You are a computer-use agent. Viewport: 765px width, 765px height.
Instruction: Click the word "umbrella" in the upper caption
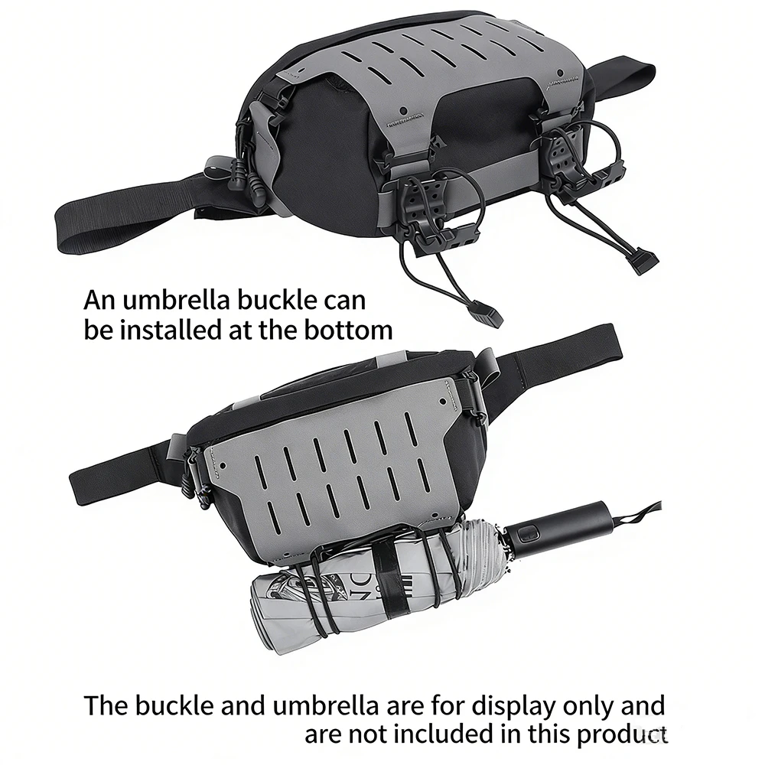(x=176, y=300)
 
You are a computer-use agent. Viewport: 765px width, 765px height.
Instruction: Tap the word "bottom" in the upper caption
(x=348, y=330)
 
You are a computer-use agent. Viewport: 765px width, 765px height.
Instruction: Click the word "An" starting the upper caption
(x=99, y=301)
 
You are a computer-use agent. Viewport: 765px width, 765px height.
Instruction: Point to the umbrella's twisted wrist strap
(x=637, y=516)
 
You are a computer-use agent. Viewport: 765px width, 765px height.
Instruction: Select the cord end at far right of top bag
(x=643, y=261)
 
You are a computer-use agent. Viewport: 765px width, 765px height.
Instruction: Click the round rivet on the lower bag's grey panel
(x=442, y=402)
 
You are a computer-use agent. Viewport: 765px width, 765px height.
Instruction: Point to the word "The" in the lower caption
(x=106, y=706)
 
